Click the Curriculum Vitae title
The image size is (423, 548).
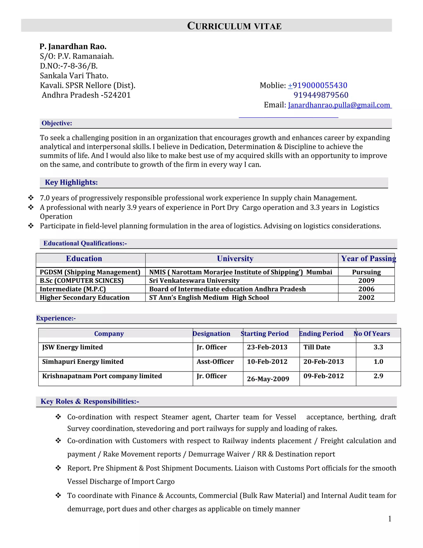pos(234,26)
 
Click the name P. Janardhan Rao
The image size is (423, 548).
pos(73,46)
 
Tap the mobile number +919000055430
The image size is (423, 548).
pos(317,85)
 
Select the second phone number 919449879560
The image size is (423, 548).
pos(321,95)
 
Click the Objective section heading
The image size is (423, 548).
pos(57,123)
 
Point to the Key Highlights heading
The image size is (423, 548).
pos(71,182)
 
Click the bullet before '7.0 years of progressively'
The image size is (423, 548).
pos(31,198)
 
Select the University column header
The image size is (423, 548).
pos(235,258)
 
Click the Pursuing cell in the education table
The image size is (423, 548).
pos(366,272)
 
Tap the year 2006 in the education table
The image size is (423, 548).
pos(366,289)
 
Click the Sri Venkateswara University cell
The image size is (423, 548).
pos(194,281)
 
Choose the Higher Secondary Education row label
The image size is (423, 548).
pos(84,298)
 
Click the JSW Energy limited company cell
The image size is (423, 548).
pos(72,347)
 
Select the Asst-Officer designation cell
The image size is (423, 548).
pos(215,361)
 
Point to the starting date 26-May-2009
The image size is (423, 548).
pos(268,379)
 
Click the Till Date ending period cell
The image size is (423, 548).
pos(317,347)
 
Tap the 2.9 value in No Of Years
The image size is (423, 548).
pos(378,376)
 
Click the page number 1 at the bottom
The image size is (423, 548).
pos(390,519)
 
